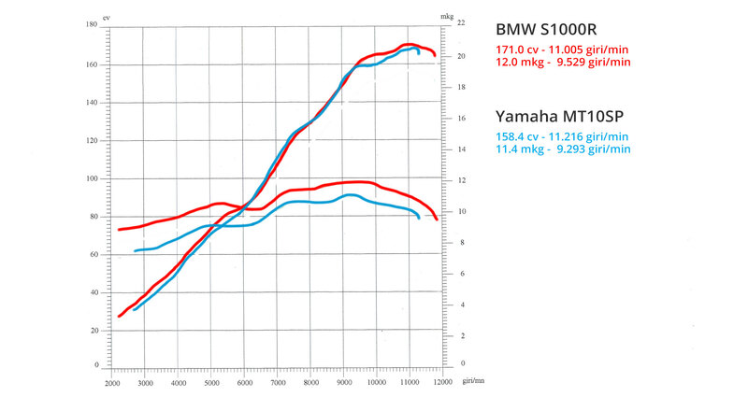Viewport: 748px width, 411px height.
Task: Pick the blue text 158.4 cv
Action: coord(517,136)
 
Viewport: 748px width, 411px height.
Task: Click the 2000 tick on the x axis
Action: coord(111,384)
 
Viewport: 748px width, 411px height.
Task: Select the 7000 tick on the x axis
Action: coord(278,384)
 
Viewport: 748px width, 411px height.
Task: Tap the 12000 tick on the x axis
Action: coord(443,384)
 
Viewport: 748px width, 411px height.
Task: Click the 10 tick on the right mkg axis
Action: coord(450,212)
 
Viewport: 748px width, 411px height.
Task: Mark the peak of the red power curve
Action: coord(408,44)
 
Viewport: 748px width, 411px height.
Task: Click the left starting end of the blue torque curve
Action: coord(136,250)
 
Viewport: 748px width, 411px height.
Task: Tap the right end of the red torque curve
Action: coord(437,219)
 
